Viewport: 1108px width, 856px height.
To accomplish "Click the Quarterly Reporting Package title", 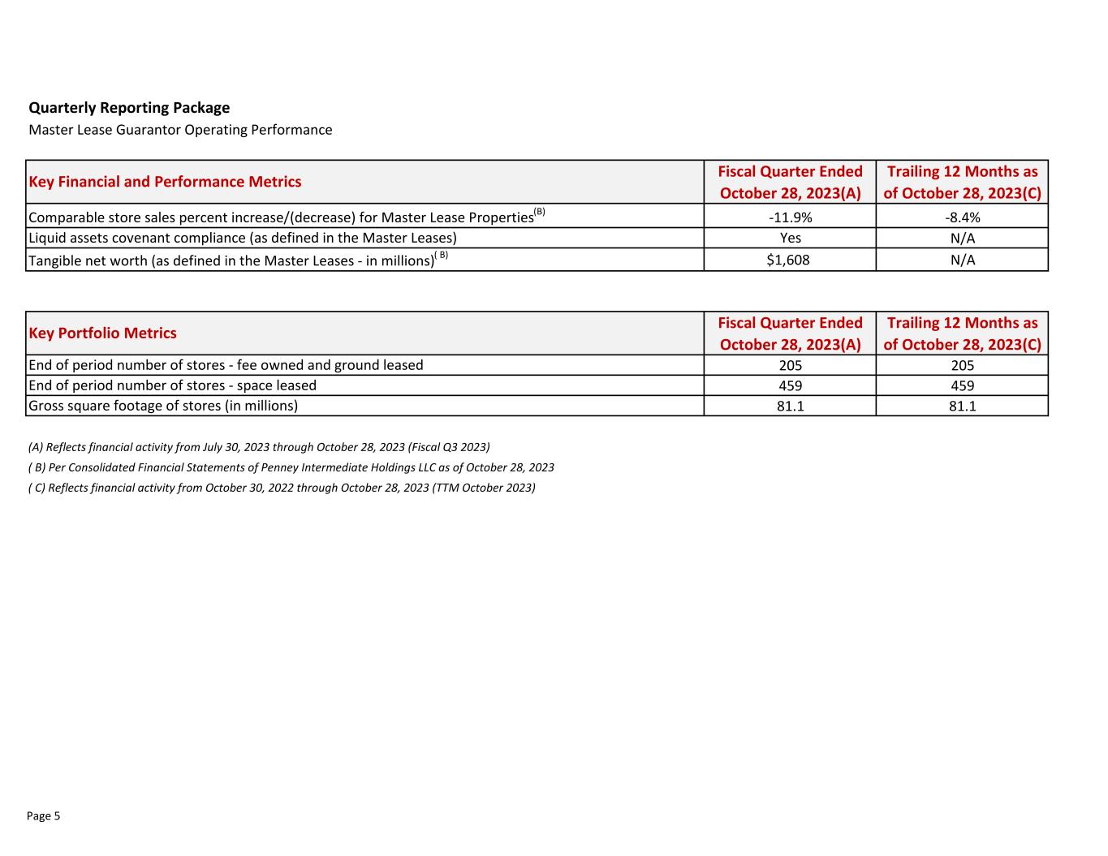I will point(129,108).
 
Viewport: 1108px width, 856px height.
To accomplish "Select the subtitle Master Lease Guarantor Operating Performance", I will point(180,130).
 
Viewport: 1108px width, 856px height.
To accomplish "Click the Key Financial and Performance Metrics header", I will point(165,182).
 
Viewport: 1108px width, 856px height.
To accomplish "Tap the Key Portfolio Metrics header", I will point(102,333).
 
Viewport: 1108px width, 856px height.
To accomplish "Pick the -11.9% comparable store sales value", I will point(790,217).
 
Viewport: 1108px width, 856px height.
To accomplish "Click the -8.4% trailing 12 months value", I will point(962,217).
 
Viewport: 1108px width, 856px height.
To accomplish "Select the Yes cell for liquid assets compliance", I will point(790,238).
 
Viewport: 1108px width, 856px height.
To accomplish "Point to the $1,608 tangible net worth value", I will point(788,260).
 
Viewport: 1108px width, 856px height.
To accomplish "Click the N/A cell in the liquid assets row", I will point(962,238).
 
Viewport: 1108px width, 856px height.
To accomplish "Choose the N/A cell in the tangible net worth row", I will point(962,260).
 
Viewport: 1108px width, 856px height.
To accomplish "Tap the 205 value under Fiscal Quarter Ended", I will point(790,365).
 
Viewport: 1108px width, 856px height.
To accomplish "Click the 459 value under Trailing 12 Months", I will point(962,385).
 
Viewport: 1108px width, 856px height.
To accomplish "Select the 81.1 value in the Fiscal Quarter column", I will point(790,406).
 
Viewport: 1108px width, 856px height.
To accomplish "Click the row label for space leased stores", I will point(172,385).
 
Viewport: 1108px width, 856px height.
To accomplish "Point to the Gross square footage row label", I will point(163,406).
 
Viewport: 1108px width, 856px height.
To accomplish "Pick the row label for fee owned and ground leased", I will point(226,365).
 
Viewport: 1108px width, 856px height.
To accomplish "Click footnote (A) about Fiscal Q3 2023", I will point(259,447).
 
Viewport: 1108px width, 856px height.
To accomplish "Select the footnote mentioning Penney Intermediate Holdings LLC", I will point(291,467).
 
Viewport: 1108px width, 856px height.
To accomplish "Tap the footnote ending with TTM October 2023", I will point(282,488).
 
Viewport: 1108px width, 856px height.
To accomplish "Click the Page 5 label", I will point(44,816).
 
